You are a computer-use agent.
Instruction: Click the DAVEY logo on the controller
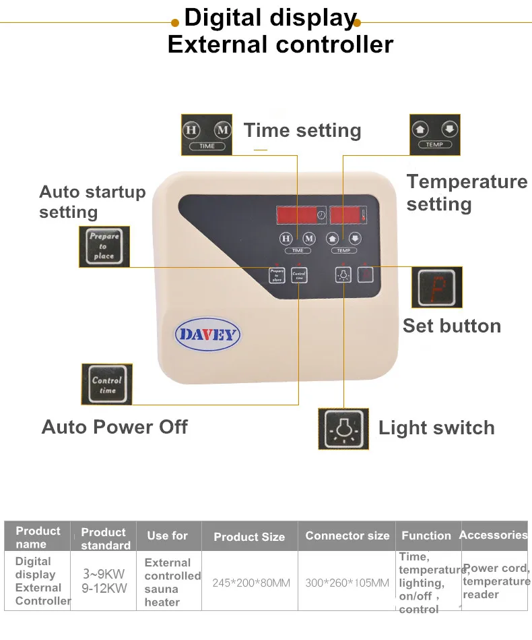(208, 334)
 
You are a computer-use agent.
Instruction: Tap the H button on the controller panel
(286, 237)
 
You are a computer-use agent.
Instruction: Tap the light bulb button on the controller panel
(343, 274)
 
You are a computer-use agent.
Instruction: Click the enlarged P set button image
(436, 287)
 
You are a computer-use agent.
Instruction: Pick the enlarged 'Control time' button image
(107, 384)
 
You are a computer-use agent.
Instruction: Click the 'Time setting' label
(302, 130)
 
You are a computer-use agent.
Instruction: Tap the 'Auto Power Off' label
(114, 427)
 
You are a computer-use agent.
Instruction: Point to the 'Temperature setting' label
(467, 192)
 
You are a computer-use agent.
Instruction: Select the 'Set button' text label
(452, 326)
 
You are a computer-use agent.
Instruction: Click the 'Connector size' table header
(347, 536)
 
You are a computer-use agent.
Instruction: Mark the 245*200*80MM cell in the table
(251, 582)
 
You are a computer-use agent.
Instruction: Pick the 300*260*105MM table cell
(347, 582)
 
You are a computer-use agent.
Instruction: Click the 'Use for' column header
(168, 536)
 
